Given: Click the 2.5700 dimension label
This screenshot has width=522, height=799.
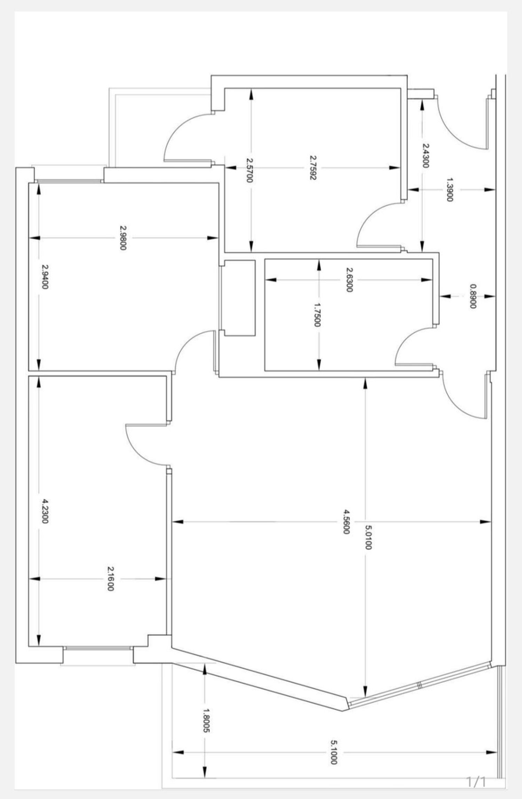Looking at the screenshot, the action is click(x=249, y=171).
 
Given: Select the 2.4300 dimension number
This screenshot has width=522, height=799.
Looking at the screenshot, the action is click(x=425, y=155).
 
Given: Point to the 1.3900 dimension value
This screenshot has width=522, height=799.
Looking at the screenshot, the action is click(x=449, y=190).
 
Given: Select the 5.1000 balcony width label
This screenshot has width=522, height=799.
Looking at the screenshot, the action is click(x=333, y=753).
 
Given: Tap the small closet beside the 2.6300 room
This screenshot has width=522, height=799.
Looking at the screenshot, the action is click(x=240, y=298).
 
